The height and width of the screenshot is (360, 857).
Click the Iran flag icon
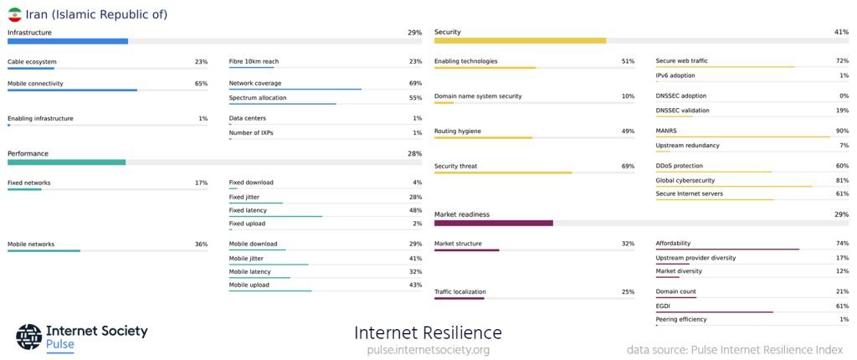(14, 14)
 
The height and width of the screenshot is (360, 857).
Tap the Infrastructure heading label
(29, 33)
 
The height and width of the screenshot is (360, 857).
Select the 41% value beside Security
(841, 33)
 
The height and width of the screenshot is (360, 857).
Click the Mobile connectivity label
(35, 84)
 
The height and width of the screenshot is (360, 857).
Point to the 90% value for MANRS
(842, 131)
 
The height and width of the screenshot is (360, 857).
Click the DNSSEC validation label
(682, 111)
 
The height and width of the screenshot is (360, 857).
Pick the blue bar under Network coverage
(295, 90)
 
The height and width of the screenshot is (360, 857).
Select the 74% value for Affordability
(842, 244)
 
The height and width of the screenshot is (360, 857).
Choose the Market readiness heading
(462, 215)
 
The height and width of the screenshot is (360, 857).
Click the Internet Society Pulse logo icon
(28, 337)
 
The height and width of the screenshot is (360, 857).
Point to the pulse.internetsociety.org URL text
(428, 350)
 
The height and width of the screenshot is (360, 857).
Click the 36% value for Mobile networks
(201, 244)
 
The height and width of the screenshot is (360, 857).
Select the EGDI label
(663, 306)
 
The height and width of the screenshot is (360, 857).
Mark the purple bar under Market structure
(466, 250)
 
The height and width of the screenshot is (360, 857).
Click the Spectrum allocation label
(257, 98)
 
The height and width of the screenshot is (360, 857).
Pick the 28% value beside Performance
(414, 154)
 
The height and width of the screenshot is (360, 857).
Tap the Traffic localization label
(459, 292)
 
